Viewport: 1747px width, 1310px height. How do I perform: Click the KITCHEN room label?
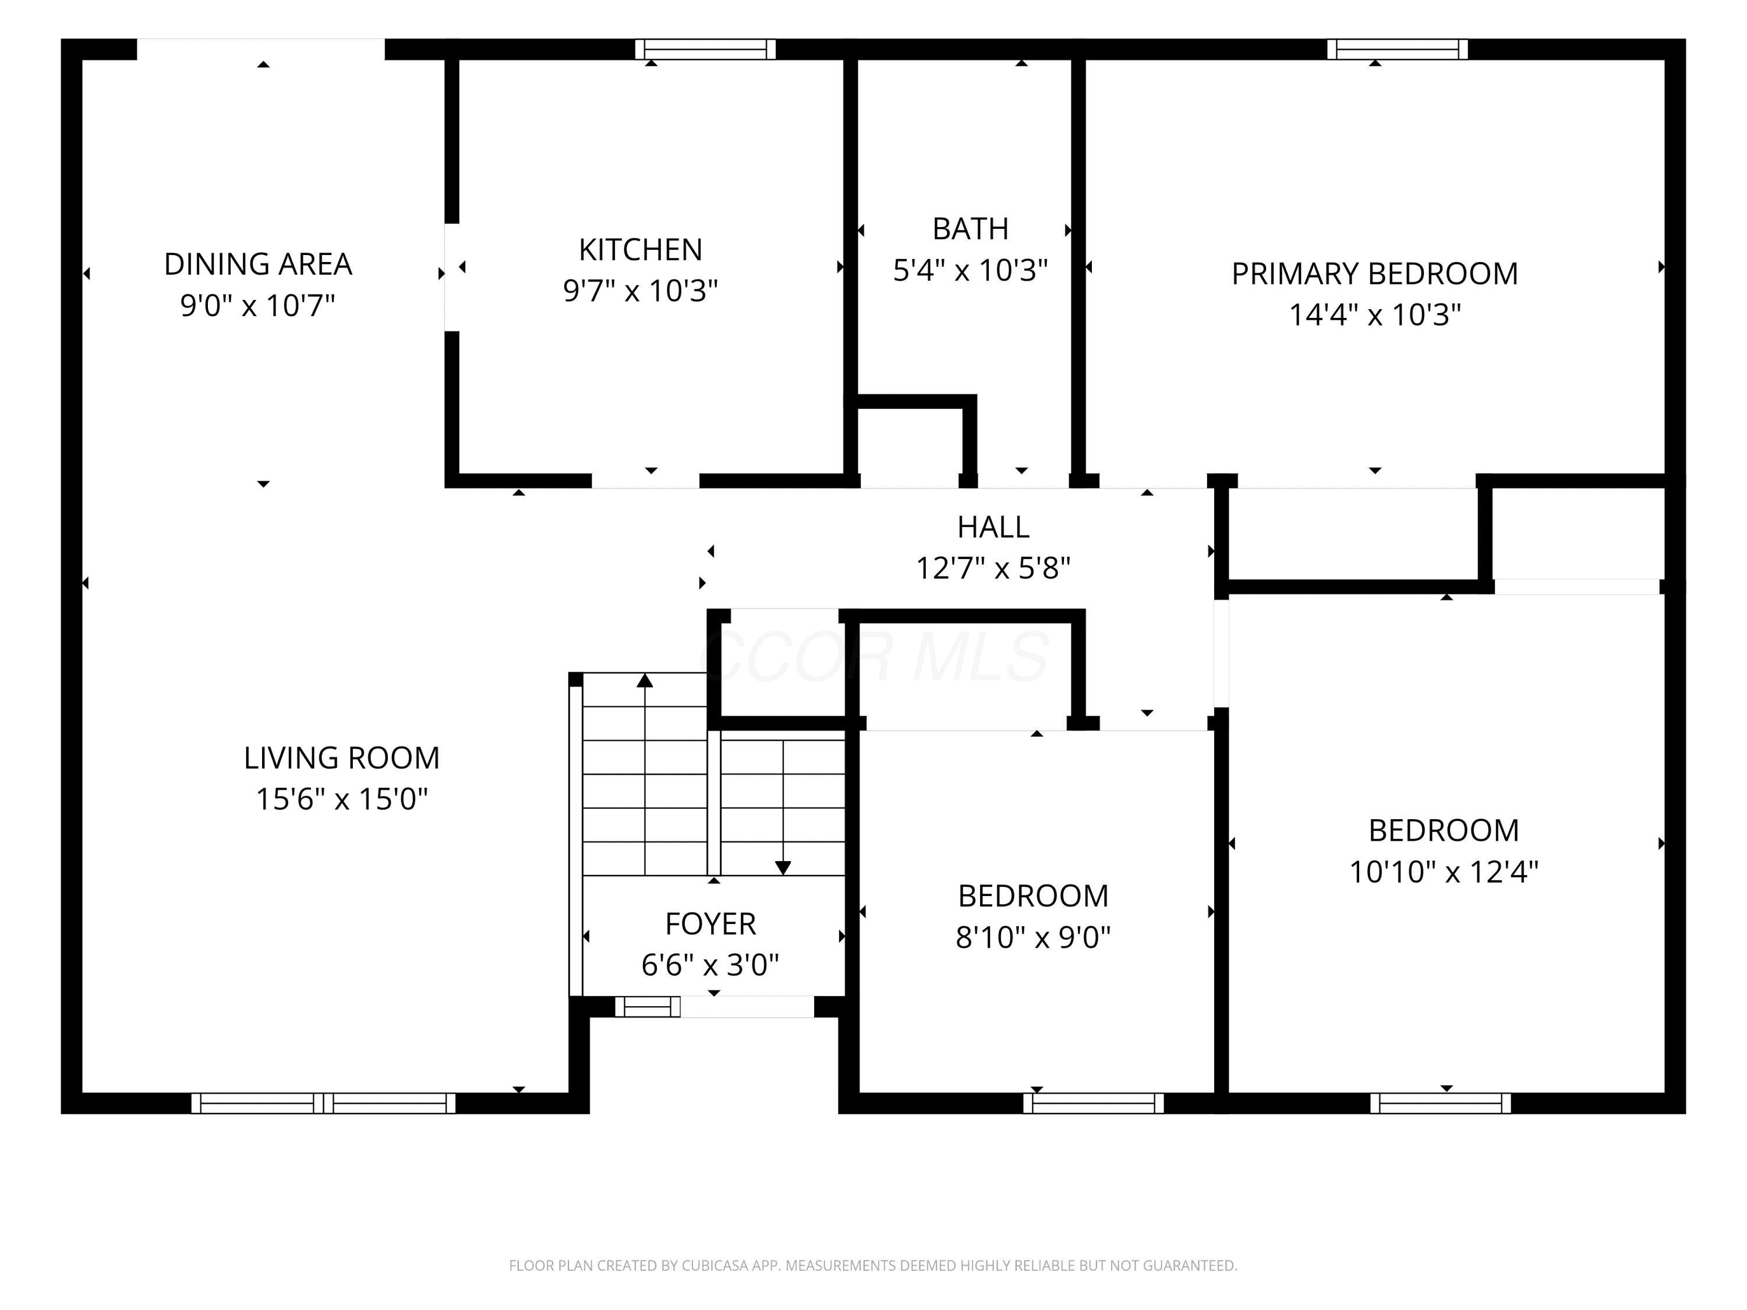click(x=641, y=250)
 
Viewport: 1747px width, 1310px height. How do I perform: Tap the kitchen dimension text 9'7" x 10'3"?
click(x=641, y=291)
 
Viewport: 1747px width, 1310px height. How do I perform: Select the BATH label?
click(x=971, y=229)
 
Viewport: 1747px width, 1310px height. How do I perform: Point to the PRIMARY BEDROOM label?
click(x=1375, y=273)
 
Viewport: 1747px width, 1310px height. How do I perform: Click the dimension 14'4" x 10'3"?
click(x=1375, y=314)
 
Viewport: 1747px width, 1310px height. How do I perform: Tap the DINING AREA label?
click(x=258, y=264)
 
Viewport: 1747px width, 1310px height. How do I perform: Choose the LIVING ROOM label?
click(x=342, y=758)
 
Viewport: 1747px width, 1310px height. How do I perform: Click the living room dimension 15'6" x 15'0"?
click(x=342, y=799)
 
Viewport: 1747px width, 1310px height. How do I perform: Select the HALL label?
click(x=993, y=527)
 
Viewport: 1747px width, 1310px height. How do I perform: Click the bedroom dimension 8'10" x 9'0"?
click(x=1034, y=937)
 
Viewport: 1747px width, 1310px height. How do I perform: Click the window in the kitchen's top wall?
click(x=705, y=49)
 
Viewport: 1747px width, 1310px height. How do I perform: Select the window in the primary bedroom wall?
click(x=1397, y=49)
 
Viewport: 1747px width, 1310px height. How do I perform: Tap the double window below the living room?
click(x=324, y=1103)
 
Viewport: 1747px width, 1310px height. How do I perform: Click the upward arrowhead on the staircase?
click(x=645, y=680)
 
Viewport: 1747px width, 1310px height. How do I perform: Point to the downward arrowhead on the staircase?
click(x=783, y=868)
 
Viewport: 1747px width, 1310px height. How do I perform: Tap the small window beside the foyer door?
click(x=648, y=1007)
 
